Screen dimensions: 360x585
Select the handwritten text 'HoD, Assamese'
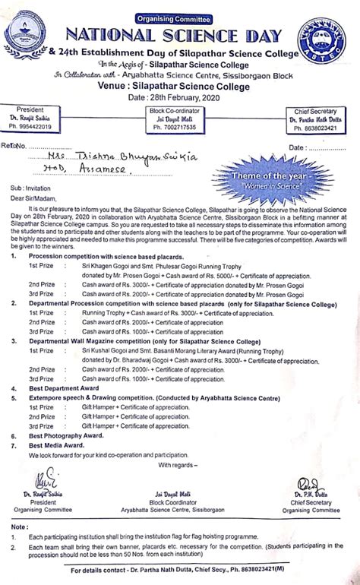click(x=93, y=173)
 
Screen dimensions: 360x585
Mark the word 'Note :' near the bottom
click(x=21, y=526)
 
